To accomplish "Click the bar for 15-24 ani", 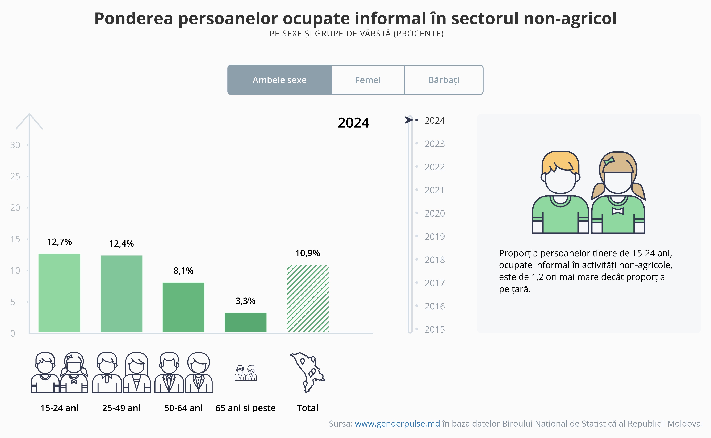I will point(59,293).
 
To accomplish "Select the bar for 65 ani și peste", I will point(245,322).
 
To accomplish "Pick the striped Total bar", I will point(307,298).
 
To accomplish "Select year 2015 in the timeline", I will point(434,329).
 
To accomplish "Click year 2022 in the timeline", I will point(434,167).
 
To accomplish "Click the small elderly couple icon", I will point(245,373).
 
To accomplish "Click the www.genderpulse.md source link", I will point(397,424).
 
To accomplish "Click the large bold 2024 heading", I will point(353,123).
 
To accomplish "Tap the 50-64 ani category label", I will point(183,408).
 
